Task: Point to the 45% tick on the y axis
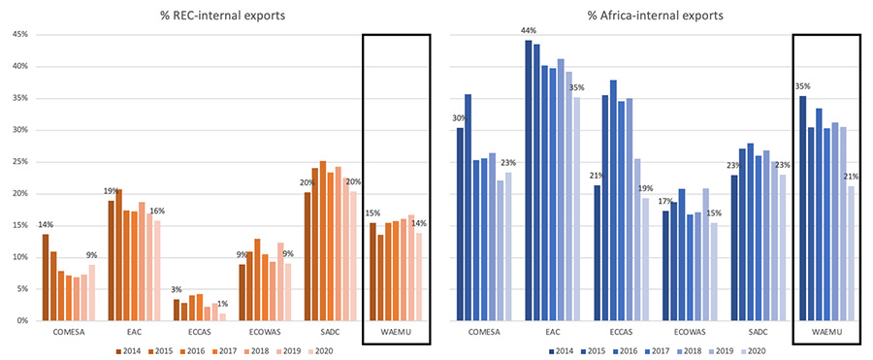pos(18,35)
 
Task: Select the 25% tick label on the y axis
pos(18,162)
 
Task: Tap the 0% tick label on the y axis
pos(21,321)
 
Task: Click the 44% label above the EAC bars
pos(529,31)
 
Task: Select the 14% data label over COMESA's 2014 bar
pos(46,225)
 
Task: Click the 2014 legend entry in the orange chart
pos(128,350)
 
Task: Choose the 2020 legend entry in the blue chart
pos(754,350)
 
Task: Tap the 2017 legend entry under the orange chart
pos(224,350)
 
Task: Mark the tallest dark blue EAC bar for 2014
pos(529,180)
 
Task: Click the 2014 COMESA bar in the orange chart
pos(46,278)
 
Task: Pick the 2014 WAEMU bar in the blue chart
pos(802,209)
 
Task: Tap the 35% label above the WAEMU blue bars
pos(802,86)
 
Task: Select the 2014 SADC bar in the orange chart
pos(307,256)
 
